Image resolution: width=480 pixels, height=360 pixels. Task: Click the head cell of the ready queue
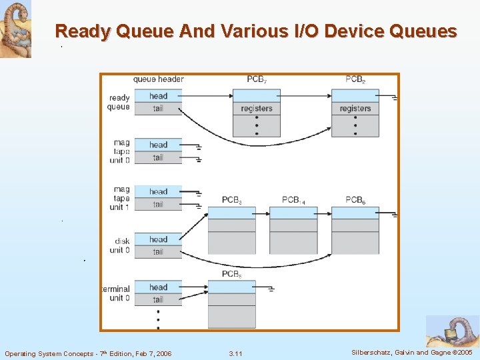tap(158, 96)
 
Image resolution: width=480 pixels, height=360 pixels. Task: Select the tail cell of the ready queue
tap(158, 109)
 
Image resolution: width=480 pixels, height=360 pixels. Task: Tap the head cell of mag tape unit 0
tap(158, 145)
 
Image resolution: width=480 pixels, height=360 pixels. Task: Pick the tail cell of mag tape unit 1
tap(158, 204)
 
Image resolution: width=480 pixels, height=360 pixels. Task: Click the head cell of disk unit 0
tap(158, 239)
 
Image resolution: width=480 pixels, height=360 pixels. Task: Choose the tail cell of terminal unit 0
tap(158, 299)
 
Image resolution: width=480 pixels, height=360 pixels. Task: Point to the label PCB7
tap(257, 79)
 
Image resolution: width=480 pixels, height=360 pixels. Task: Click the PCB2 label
tap(355, 79)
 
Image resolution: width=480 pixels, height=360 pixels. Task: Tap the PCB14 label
tap(293, 200)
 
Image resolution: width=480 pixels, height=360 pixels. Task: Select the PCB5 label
tap(231, 274)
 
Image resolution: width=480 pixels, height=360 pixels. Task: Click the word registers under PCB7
tap(257, 109)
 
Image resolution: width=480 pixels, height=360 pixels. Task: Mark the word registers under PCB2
tap(355, 109)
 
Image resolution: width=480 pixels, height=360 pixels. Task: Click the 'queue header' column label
tap(159, 79)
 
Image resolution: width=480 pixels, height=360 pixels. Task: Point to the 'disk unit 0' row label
tap(121, 246)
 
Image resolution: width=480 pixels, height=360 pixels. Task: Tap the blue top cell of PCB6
tap(355, 213)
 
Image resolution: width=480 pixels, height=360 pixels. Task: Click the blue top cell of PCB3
tap(231, 213)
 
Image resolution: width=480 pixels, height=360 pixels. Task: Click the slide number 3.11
tap(235, 353)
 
